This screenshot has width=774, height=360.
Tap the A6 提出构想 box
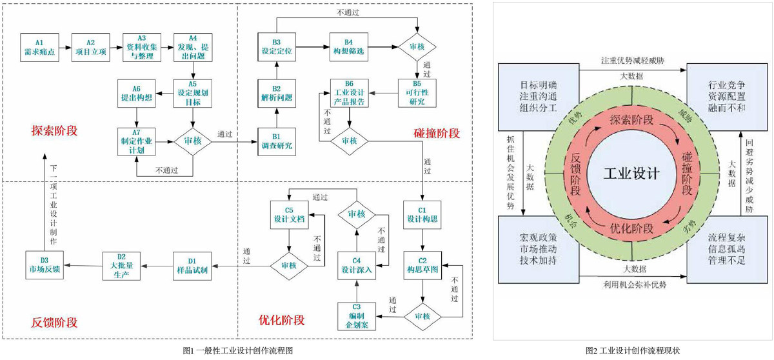[x=136, y=93]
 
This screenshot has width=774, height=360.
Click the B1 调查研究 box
[x=276, y=140]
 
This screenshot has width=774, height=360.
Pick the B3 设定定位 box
[x=276, y=46]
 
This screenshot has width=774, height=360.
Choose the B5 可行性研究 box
[x=417, y=93]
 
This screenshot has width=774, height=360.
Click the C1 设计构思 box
[x=422, y=215]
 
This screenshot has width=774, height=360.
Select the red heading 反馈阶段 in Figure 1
[x=54, y=321]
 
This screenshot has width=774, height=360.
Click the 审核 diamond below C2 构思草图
[x=422, y=315]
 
